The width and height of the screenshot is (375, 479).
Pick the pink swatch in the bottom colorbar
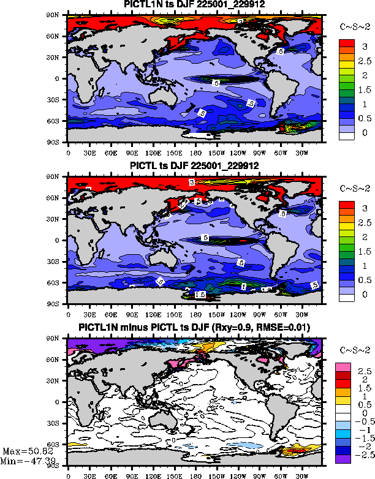(343, 366)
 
